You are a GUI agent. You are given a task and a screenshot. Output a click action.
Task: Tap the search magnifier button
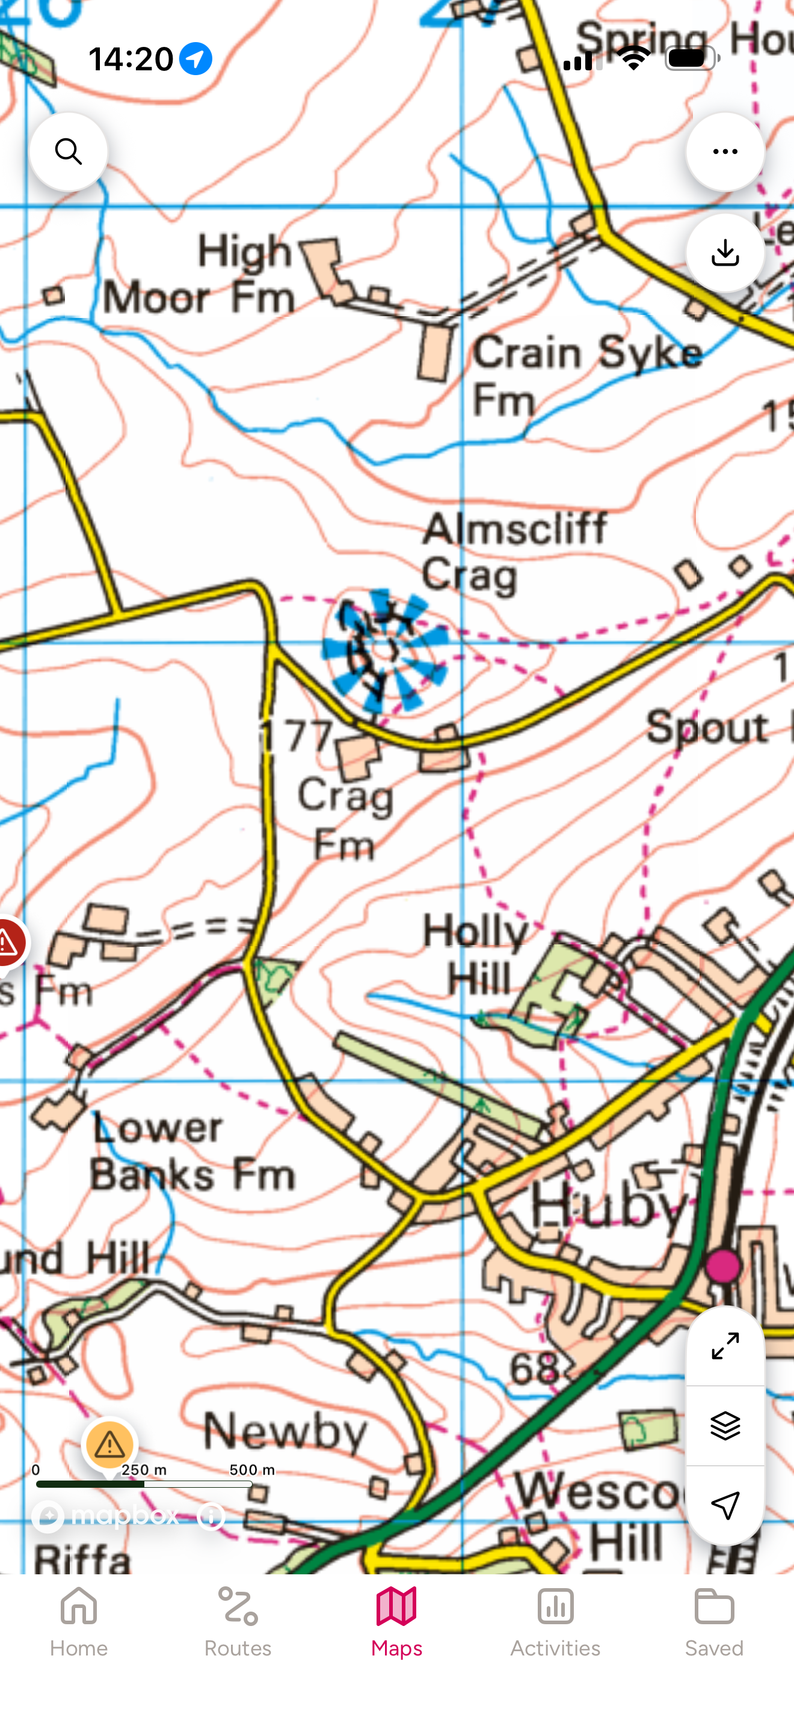pos(69,152)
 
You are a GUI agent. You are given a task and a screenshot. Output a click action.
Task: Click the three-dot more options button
pos(725,152)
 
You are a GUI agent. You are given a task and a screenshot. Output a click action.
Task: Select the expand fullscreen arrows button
pos(725,1345)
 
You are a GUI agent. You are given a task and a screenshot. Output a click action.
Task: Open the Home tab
pos(78,1623)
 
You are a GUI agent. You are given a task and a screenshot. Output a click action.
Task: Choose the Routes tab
pos(238,1623)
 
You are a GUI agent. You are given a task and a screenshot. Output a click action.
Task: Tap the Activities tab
pos(555,1623)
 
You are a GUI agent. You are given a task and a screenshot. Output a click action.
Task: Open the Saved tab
pos(713,1623)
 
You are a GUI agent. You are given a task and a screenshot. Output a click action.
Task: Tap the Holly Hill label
pos(476,955)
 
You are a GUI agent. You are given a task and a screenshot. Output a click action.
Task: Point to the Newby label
pos(285,1431)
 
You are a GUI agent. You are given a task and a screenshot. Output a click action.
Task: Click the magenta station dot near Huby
pos(723,1266)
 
